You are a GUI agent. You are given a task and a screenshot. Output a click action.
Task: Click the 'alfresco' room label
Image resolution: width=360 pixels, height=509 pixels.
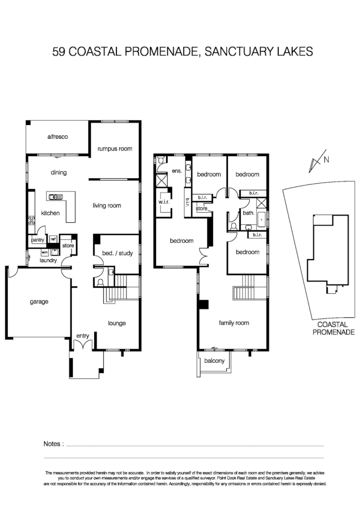click(58, 137)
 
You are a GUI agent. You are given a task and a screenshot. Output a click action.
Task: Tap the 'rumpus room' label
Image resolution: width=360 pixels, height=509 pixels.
click(114, 149)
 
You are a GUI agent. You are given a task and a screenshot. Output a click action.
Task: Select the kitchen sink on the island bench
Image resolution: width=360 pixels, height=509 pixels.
click(54, 196)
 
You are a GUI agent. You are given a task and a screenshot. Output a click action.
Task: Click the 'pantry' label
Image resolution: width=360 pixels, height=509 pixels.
click(37, 240)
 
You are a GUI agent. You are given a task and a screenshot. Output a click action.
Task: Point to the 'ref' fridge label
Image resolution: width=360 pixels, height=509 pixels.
click(53, 239)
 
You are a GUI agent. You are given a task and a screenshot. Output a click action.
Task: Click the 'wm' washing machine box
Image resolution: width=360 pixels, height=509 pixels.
click(44, 252)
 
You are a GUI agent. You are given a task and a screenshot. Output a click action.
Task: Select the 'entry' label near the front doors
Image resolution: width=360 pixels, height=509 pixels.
click(83, 336)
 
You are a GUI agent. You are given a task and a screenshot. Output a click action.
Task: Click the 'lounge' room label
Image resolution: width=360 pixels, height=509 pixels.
click(116, 323)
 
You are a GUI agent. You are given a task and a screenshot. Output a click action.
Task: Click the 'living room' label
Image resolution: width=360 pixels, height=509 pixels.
click(107, 206)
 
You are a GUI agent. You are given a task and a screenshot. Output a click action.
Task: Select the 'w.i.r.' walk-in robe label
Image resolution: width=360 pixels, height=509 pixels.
click(165, 203)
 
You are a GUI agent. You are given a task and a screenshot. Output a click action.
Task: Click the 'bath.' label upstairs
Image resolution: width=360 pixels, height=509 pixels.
click(248, 212)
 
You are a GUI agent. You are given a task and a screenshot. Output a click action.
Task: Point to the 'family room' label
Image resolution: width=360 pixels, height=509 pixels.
click(234, 323)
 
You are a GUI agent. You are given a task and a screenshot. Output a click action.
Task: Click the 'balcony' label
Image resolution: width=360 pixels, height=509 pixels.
click(214, 361)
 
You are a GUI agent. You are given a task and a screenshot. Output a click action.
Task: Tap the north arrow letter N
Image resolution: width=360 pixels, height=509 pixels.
click(326, 160)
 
